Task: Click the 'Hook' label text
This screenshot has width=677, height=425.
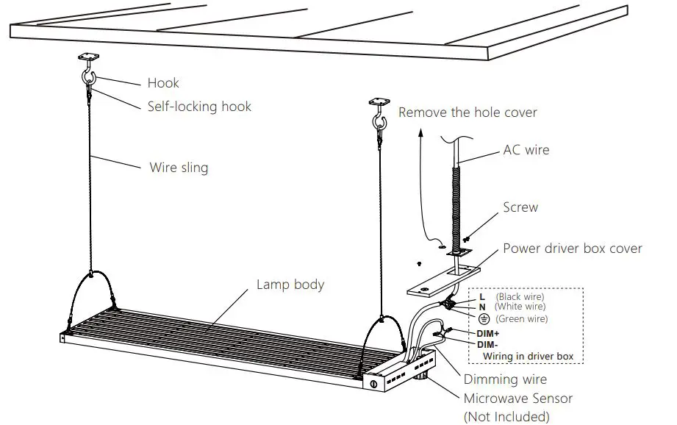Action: [163, 83]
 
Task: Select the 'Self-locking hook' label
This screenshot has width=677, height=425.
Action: [199, 107]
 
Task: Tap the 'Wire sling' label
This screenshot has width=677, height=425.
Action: [179, 168]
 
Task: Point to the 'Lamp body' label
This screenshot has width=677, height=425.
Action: [290, 284]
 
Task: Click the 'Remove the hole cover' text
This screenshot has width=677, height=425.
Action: [468, 113]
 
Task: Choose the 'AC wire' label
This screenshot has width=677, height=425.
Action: [526, 150]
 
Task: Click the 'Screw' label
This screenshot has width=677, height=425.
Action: [520, 207]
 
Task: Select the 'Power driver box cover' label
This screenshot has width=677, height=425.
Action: [572, 248]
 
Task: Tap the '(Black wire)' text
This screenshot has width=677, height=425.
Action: [520, 296]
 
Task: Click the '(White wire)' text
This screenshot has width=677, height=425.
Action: [520, 307]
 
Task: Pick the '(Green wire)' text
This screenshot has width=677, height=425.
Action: [521, 319]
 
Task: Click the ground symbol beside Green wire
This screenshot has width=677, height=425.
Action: [484, 319]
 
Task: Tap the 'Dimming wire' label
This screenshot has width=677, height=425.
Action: [505, 379]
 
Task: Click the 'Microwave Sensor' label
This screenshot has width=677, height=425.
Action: [517, 399]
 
